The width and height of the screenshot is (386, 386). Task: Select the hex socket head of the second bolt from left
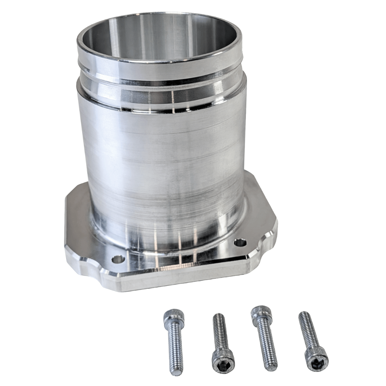tap(223, 362)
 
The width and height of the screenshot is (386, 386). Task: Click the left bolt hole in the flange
tap(118, 259)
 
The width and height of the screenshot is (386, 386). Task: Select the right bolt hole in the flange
tap(240, 243)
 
